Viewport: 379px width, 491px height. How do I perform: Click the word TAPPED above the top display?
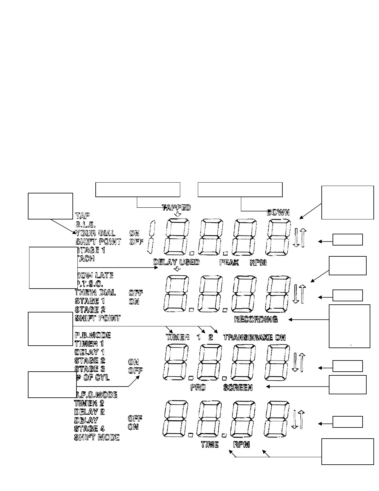(176, 207)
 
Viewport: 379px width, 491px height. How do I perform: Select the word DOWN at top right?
(278, 212)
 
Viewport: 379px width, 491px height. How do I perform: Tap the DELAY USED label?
(176, 262)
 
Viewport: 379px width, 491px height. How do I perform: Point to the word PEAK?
(229, 263)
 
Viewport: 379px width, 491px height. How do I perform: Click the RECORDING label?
(256, 319)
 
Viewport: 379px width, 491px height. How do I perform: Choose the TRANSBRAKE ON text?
(254, 337)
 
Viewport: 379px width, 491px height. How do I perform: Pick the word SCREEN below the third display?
(238, 387)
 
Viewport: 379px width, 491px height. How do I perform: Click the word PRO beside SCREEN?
(198, 387)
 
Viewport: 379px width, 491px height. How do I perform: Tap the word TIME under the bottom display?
(210, 445)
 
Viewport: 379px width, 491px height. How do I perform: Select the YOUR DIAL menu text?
(95, 233)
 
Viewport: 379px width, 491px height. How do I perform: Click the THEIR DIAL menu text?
(95, 292)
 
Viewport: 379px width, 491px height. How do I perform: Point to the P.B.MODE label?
(93, 335)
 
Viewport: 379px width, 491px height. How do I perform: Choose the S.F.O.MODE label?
(97, 395)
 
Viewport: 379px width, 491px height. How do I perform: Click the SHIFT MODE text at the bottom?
(97, 437)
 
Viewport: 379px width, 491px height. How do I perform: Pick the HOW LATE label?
(95, 275)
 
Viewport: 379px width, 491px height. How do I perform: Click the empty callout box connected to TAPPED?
(137, 190)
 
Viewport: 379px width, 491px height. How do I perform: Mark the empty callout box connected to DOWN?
(240, 190)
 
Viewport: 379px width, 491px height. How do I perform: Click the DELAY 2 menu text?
(89, 412)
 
